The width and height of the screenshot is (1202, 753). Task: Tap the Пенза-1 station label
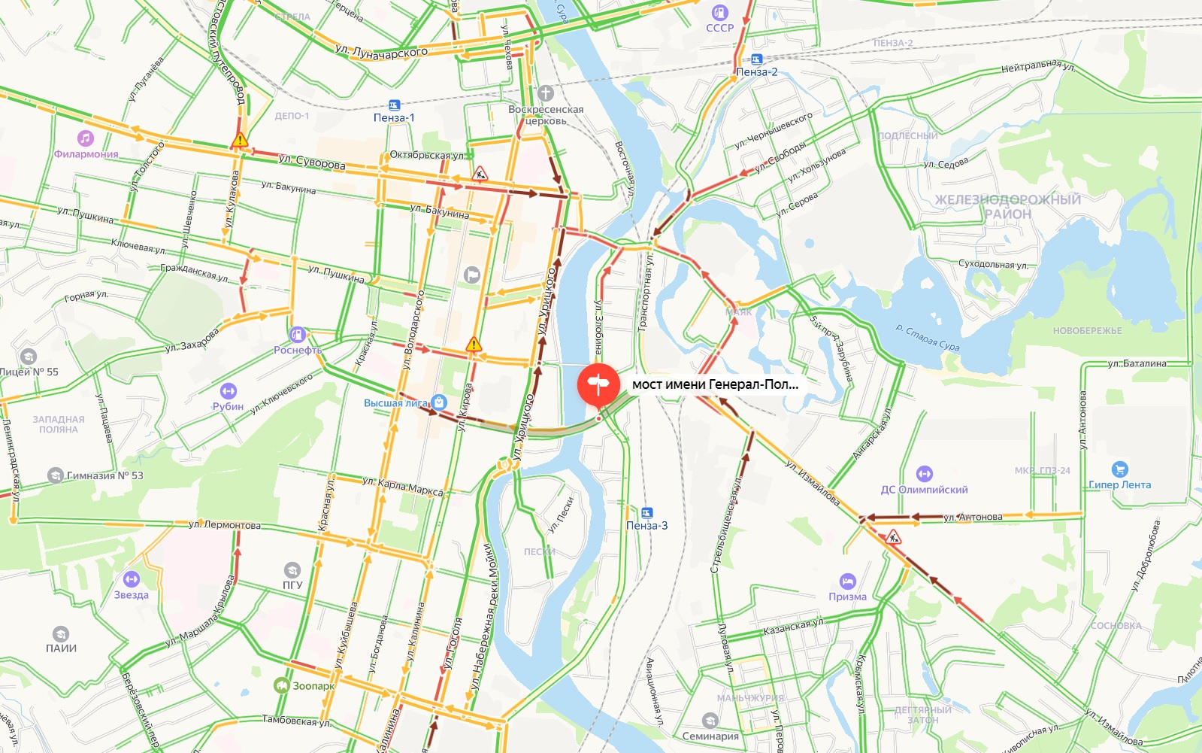(x=394, y=117)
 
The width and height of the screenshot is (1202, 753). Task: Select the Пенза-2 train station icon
(x=756, y=59)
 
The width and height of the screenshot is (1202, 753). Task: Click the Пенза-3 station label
(x=646, y=525)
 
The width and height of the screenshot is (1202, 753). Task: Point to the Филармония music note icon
(x=86, y=138)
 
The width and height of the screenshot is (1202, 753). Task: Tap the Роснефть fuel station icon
(x=298, y=334)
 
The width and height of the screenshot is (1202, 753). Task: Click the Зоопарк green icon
(x=282, y=685)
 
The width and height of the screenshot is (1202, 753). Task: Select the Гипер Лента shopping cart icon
(x=1119, y=469)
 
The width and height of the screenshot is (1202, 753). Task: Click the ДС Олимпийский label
(x=924, y=490)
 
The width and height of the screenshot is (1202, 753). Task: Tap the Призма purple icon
(x=848, y=581)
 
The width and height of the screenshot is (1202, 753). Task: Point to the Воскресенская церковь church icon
(x=546, y=93)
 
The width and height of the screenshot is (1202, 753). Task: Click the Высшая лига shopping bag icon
(x=440, y=402)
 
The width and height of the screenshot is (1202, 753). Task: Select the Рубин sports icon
(x=228, y=391)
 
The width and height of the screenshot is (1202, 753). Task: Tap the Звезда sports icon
(x=132, y=579)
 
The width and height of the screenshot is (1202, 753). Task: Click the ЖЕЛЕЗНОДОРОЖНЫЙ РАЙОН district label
(x=1007, y=206)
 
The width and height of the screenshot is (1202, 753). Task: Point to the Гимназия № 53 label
(x=104, y=475)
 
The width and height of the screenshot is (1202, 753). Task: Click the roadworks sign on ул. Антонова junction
(x=893, y=537)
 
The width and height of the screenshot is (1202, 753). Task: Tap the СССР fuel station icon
(x=720, y=12)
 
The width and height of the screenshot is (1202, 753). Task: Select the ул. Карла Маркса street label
(x=402, y=486)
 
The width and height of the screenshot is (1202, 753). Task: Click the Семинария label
(x=710, y=736)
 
